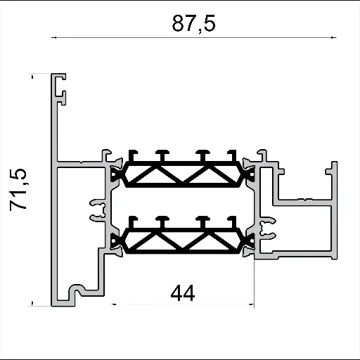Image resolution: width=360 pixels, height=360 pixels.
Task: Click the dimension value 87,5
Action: [x=193, y=23]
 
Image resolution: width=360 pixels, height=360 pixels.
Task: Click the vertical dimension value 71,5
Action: [x=20, y=189]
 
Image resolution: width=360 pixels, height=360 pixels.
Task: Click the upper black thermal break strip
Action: [x=183, y=172]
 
